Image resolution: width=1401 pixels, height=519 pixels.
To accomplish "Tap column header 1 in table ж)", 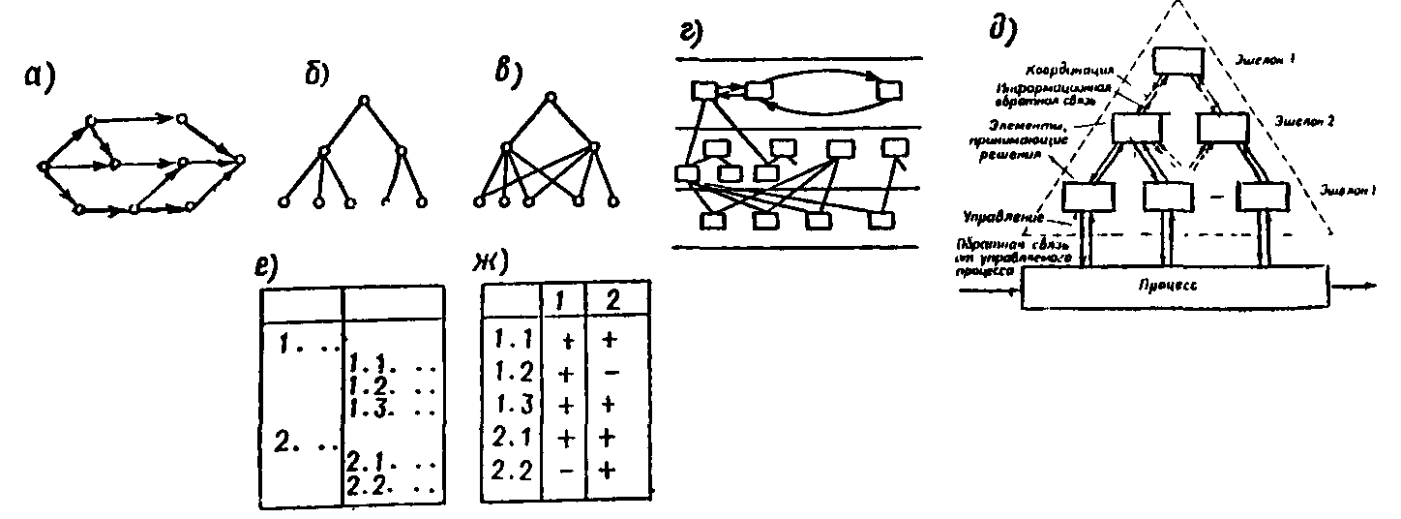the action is [559, 301].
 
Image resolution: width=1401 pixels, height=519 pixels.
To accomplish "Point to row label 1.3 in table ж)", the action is [506, 405].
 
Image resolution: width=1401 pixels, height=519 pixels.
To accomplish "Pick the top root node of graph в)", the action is [549, 97].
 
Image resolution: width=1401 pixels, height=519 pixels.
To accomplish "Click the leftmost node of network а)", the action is [44, 167].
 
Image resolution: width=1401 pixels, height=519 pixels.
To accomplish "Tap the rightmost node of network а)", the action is [241, 158].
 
